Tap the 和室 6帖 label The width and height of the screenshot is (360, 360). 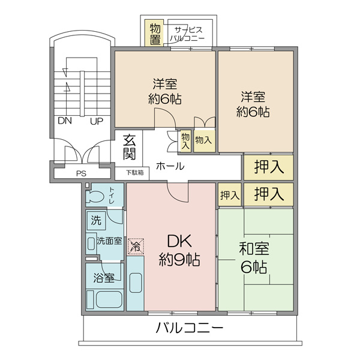coord(254,257)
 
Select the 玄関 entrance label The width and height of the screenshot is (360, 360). coord(130,147)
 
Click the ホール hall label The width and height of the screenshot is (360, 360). coord(170,166)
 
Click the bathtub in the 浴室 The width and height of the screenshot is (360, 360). coord(109,299)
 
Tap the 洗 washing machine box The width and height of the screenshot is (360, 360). coord(96,220)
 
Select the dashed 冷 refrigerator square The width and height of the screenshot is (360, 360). coord(136,247)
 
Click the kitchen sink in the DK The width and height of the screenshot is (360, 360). coord(136,283)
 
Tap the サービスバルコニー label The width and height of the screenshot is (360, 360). coord(187,34)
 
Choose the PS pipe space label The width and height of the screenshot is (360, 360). coord(81,173)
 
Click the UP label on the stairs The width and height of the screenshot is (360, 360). coord(97,121)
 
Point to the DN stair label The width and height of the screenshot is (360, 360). coord(65,121)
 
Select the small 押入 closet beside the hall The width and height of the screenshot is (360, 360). coord(230,194)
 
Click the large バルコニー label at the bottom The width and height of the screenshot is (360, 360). coord(189,328)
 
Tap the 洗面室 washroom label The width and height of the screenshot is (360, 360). coord(109,241)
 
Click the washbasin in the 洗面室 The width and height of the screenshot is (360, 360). coord(91,244)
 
